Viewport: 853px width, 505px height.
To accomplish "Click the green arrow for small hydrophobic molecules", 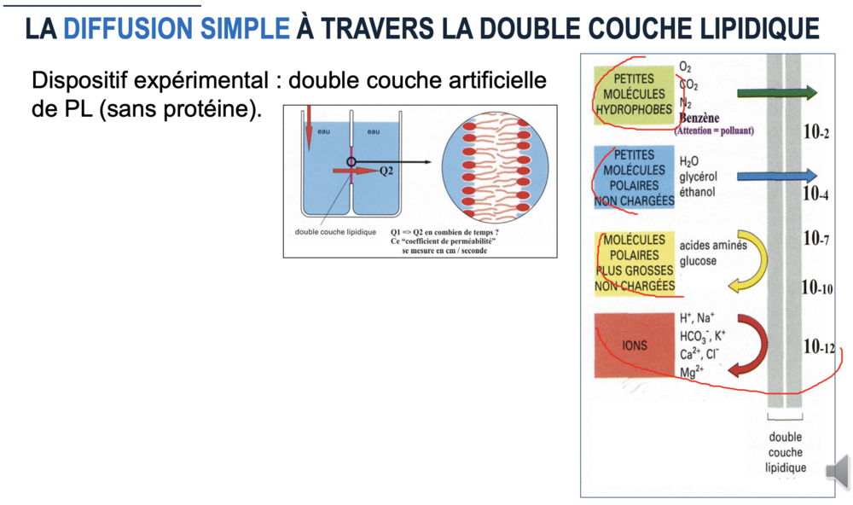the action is (777, 93).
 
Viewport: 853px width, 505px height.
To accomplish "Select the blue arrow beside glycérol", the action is (777, 176).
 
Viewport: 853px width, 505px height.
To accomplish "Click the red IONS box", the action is (635, 345).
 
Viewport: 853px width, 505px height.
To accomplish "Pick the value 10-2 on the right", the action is (816, 131).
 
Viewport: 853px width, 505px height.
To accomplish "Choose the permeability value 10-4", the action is (815, 193).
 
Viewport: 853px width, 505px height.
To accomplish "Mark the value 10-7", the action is (816, 238).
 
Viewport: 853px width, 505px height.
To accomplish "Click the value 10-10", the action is (817, 287).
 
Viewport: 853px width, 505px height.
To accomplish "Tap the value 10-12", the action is (819, 346).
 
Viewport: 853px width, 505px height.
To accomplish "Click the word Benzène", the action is (699, 118).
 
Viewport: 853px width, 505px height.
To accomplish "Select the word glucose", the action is (698, 261).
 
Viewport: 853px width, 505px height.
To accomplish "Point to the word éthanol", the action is (698, 192).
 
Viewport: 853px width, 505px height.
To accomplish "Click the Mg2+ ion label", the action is (692, 372).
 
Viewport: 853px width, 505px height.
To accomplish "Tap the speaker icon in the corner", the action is (838, 471).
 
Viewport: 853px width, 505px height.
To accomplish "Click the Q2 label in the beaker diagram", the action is (386, 171).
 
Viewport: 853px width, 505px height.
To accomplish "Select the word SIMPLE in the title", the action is (245, 28).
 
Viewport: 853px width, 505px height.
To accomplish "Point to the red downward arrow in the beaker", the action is (309, 129).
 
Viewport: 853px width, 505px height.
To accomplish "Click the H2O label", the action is (688, 161).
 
